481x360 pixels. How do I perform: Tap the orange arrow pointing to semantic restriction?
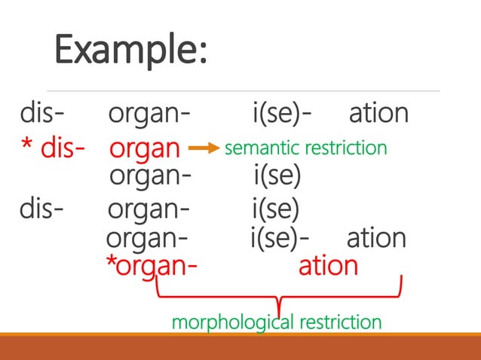click(201, 148)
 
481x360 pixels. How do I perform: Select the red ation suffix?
click(328, 266)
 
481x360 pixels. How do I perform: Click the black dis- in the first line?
click(42, 114)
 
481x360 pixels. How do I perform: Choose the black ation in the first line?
click(379, 114)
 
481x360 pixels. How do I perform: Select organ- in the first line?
click(149, 115)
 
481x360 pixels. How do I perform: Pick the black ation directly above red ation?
click(376, 238)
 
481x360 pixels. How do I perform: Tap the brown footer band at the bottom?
click(240, 348)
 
